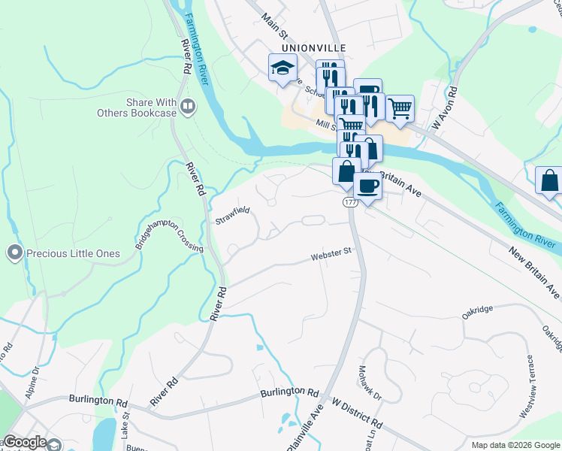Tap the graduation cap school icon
tap(283, 68)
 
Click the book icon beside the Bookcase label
tap(188, 108)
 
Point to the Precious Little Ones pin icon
tap(14, 253)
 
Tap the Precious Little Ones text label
tap(73, 253)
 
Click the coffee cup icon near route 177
tap(367, 186)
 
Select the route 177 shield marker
tap(351, 203)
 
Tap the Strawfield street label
tap(232, 216)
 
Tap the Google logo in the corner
tap(25, 442)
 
